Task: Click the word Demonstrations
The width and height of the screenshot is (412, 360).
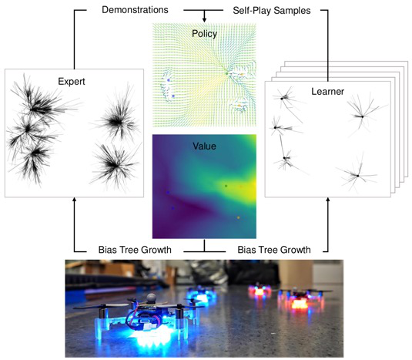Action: (135, 10)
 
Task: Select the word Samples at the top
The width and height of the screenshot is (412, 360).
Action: (292, 11)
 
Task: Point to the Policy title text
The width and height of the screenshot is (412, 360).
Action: (204, 34)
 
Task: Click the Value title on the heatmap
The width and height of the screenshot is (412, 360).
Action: (204, 146)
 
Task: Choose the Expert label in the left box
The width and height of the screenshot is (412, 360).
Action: (72, 82)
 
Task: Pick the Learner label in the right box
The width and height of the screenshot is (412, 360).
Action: (327, 92)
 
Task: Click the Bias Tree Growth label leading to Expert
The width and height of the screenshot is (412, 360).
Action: (135, 250)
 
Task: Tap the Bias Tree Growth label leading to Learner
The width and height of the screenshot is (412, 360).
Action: (274, 250)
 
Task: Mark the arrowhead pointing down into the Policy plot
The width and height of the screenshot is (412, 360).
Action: (204, 20)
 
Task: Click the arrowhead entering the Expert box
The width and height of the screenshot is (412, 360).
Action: (75, 200)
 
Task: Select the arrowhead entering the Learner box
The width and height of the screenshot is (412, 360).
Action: (327, 200)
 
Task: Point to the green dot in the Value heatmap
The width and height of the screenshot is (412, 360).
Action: (226, 186)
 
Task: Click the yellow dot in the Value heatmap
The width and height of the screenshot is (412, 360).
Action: (238, 217)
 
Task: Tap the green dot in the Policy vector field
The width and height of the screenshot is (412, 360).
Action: (226, 73)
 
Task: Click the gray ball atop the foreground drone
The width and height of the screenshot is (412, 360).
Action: (152, 298)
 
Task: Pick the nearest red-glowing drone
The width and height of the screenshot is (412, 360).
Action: (300, 300)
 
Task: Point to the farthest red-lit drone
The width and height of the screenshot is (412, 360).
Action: (259, 291)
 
